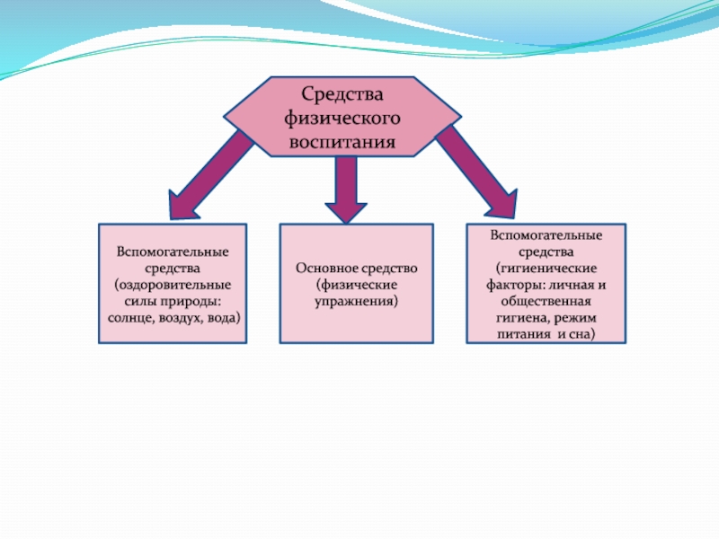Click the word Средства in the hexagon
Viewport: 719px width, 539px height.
(x=342, y=94)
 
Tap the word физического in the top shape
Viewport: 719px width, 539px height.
(x=342, y=119)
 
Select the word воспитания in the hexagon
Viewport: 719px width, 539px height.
(x=342, y=142)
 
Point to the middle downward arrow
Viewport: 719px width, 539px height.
(x=346, y=190)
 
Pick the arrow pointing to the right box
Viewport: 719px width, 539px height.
(x=478, y=172)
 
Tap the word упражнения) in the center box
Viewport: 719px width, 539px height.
(x=356, y=302)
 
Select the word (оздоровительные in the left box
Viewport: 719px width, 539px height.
(x=173, y=285)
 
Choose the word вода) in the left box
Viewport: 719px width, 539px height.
(x=224, y=319)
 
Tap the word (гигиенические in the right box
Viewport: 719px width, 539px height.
(x=546, y=269)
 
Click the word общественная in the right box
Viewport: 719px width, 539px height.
(x=546, y=302)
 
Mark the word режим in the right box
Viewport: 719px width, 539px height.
(x=575, y=319)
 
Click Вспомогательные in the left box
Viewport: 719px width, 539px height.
(x=173, y=252)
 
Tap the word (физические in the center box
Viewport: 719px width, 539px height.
(x=356, y=285)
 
